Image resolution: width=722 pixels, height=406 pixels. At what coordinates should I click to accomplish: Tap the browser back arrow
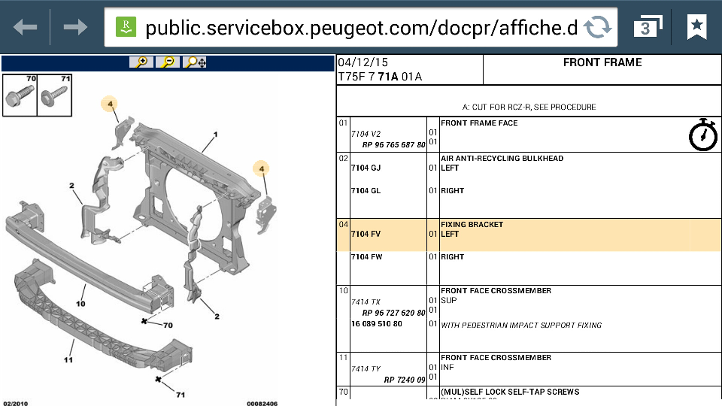(x=26, y=27)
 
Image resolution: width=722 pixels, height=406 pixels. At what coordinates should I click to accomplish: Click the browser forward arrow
(x=75, y=27)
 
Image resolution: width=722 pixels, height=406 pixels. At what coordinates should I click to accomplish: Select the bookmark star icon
(x=696, y=26)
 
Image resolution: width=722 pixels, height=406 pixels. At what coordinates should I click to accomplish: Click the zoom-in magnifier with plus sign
(x=141, y=62)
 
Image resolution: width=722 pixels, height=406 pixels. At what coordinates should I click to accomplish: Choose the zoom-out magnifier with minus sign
(x=168, y=62)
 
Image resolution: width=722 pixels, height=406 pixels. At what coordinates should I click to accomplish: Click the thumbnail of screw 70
(x=20, y=95)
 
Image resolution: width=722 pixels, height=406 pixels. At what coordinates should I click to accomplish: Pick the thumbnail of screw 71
(x=54, y=95)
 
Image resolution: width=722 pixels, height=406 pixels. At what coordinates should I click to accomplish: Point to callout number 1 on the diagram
(x=216, y=135)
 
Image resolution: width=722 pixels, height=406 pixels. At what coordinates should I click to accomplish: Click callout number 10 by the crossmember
(x=80, y=304)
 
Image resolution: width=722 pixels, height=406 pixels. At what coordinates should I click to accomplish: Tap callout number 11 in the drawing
(x=68, y=360)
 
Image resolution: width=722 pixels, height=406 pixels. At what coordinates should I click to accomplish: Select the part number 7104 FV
(x=366, y=234)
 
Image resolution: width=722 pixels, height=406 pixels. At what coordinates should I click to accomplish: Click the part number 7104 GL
(x=366, y=190)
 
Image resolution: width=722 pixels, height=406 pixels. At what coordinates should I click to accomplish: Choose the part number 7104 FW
(x=366, y=257)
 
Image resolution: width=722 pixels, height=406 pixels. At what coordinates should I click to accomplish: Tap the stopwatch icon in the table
(x=703, y=135)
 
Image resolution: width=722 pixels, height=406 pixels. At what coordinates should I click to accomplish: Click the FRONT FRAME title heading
(x=602, y=62)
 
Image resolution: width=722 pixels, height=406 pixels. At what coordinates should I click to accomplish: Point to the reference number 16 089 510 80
(x=377, y=323)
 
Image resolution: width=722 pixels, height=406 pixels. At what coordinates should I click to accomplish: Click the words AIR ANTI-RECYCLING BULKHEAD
(x=502, y=159)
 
